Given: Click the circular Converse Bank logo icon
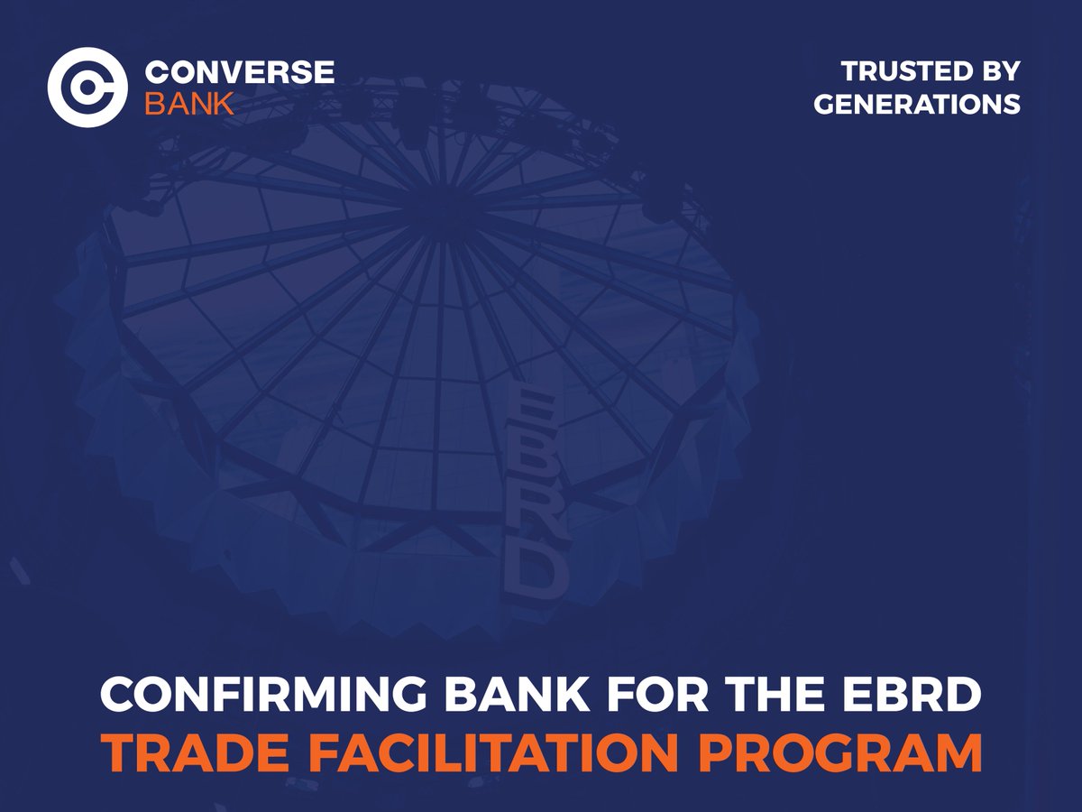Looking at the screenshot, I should coord(87,87).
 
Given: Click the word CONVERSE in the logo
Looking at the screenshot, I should coord(239,72).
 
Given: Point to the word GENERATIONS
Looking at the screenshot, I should coord(917,104).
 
